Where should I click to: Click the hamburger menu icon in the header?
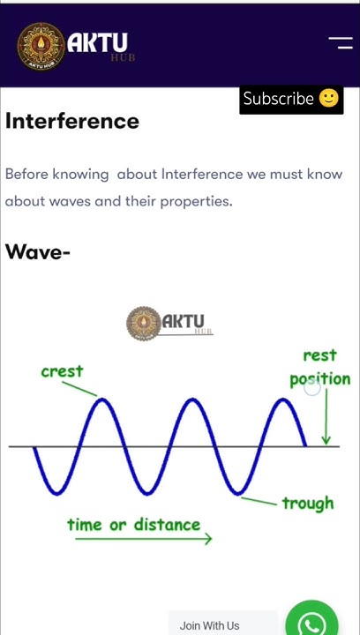(x=340, y=42)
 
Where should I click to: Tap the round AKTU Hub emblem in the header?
(x=41, y=46)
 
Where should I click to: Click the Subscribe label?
(x=278, y=99)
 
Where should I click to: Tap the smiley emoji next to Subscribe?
(x=328, y=98)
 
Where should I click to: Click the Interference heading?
(x=72, y=121)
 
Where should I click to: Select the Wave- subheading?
(x=38, y=252)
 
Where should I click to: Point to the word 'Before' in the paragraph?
(x=26, y=174)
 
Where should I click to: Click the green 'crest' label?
(x=62, y=371)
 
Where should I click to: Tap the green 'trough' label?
(x=307, y=503)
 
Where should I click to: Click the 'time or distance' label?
(x=133, y=525)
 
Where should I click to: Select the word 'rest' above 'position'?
(x=319, y=355)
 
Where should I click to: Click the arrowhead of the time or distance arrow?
(x=208, y=539)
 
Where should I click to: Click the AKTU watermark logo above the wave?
(x=169, y=324)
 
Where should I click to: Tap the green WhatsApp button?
(x=311, y=621)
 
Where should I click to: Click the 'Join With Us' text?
(x=209, y=625)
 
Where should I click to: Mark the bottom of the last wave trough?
(x=237, y=492)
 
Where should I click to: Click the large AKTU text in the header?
(x=97, y=42)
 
